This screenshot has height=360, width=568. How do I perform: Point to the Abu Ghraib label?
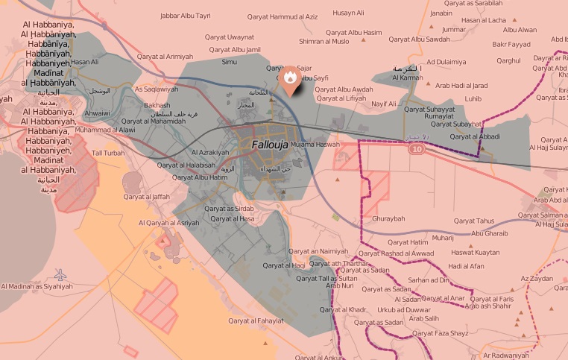point(490,233)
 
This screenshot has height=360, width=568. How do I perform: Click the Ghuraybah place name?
point(388,220)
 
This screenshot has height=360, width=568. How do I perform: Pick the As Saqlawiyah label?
point(157,89)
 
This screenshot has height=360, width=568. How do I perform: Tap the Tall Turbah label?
point(108,153)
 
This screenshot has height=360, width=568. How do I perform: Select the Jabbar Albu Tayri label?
point(185,15)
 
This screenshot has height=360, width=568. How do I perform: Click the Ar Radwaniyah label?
point(511,356)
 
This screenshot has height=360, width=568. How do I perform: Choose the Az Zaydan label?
point(535,278)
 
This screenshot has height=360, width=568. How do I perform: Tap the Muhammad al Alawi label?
point(105,130)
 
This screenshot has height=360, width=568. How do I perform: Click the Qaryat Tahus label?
point(474,221)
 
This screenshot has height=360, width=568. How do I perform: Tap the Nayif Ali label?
point(384,104)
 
